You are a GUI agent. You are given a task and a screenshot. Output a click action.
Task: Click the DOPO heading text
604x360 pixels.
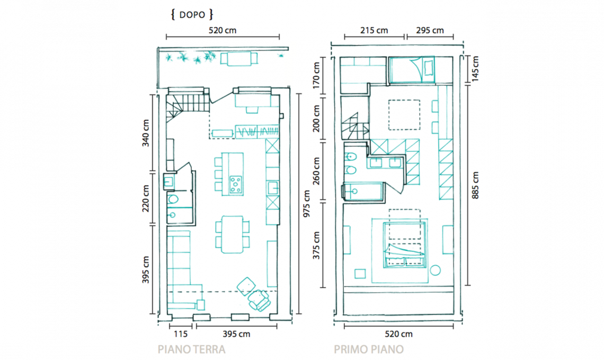pos(192,15)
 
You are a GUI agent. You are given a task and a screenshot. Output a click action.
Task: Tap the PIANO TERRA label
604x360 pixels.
pos(191,349)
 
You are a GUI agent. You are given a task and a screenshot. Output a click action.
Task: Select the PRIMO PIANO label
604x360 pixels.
pos(369,349)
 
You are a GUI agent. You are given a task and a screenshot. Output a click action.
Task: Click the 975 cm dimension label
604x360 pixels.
pos(307,204)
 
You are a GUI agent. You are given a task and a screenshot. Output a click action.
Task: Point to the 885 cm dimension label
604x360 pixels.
pos(475,186)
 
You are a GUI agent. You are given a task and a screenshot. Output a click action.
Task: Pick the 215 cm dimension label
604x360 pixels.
pos(374,30)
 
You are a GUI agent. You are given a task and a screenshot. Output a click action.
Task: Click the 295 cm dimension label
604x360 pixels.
pos(430,30)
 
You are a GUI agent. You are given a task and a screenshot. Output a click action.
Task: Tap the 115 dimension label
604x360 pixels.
pos(180,334)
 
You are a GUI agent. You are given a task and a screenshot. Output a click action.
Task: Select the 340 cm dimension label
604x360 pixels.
pos(146,133)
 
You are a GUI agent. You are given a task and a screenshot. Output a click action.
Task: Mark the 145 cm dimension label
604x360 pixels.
pos(475,69)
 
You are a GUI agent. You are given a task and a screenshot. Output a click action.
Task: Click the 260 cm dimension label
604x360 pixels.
pos(316,171)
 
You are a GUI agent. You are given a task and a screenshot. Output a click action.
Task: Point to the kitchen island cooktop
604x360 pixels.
pos(236,184)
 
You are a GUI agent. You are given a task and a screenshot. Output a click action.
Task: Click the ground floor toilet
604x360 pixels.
pos(173,199)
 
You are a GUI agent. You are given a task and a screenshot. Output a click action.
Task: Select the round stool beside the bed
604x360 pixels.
pos(436,271)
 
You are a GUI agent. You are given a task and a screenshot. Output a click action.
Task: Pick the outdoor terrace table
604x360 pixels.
pos(239,59)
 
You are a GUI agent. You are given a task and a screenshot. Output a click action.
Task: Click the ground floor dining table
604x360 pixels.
pos(232,235)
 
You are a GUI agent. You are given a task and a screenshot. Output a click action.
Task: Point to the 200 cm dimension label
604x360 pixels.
pos(316,119)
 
